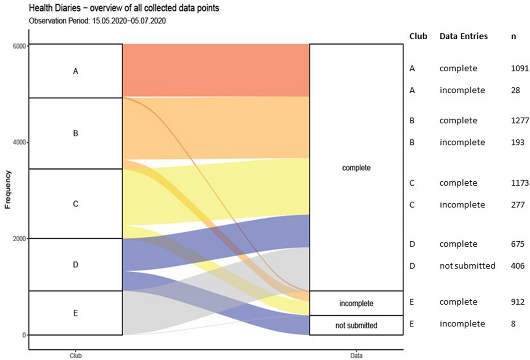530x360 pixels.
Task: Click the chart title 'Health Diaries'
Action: pos(124,8)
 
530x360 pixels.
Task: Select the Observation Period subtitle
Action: pos(97,21)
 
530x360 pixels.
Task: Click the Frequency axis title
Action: pos(8,190)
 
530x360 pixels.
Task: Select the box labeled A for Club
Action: pos(76,71)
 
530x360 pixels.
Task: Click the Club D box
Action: pos(76,265)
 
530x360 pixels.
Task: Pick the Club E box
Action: pos(76,313)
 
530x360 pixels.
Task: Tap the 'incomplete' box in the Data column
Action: pos(356,303)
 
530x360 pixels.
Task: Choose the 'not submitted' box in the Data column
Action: pos(356,325)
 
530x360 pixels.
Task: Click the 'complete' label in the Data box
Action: pos(356,168)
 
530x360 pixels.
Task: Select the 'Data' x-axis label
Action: pos(356,356)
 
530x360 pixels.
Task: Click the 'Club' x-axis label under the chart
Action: pos(76,356)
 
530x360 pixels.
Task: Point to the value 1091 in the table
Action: pos(520,68)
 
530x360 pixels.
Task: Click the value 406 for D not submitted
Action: pos(517,266)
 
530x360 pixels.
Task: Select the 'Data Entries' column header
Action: pos(464,36)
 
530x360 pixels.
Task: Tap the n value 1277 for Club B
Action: pos(520,120)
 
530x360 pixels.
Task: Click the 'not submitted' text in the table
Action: pos(467,266)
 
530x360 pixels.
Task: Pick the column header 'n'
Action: pos(513,36)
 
